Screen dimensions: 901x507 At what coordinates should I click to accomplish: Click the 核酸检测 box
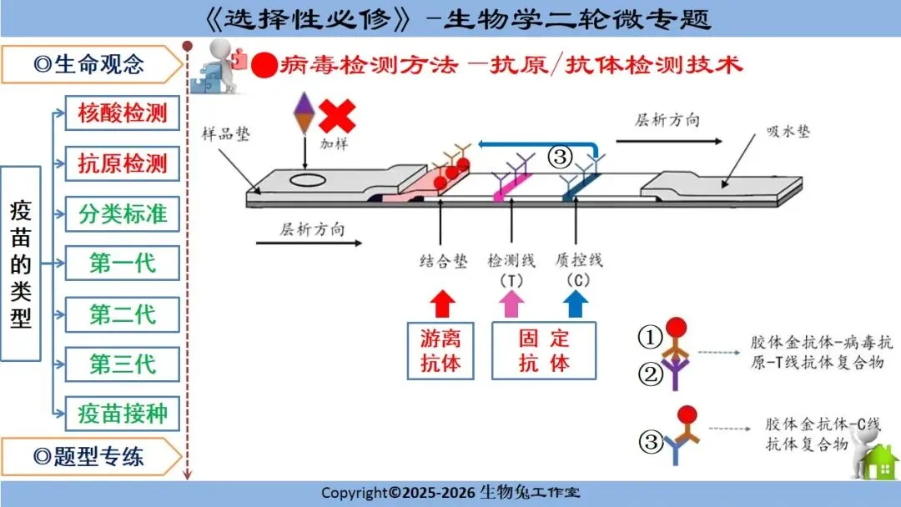click(x=123, y=113)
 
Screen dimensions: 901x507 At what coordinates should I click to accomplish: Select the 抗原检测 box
click(x=123, y=163)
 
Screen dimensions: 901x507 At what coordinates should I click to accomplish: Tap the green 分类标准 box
click(x=123, y=214)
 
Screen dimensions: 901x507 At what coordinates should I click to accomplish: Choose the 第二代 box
click(x=123, y=314)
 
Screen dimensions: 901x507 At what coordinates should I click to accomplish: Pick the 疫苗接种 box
click(x=123, y=414)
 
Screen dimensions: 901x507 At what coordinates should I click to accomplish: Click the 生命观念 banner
click(x=91, y=64)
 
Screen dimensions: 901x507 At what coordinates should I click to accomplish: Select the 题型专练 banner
click(x=91, y=457)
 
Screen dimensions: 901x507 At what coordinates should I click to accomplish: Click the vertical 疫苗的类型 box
click(x=21, y=264)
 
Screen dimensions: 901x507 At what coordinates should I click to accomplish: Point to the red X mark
click(x=337, y=116)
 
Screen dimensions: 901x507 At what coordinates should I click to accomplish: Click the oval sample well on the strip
click(x=308, y=180)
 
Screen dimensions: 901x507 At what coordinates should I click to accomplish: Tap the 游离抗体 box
click(x=440, y=351)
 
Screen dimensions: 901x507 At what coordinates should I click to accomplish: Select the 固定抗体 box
click(x=544, y=351)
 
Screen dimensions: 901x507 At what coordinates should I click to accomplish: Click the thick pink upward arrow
click(x=511, y=304)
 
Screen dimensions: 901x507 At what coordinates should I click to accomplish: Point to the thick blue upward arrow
click(x=575, y=304)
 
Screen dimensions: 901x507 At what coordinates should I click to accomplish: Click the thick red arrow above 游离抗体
click(x=442, y=304)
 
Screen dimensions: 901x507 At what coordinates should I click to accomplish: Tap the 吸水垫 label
click(x=788, y=132)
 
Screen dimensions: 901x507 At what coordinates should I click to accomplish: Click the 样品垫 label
click(x=226, y=133)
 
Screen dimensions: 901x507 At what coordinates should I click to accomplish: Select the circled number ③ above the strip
click(x=561, y=156)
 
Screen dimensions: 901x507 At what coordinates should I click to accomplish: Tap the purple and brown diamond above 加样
click(x=305, y=113)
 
